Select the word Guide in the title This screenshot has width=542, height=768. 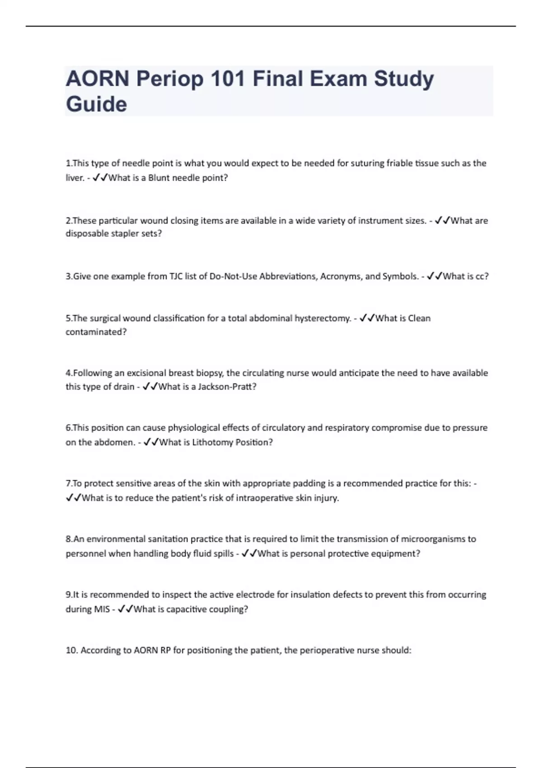coord(96,104)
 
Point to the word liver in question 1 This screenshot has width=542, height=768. coord(75,178)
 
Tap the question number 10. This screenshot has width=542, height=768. coord(71,651)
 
